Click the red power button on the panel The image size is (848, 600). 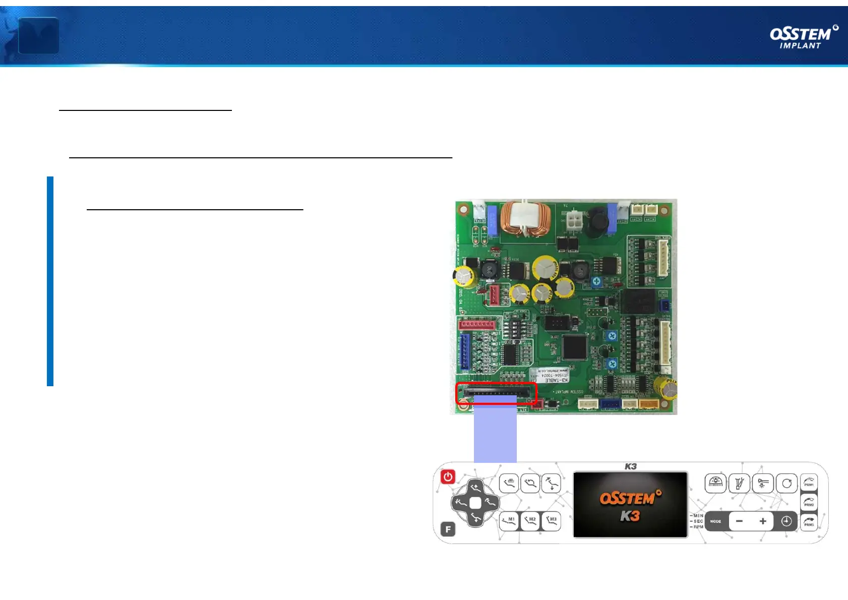pos(448,477)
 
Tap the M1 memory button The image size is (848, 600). pos(509,521)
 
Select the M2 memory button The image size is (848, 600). pos(530,521)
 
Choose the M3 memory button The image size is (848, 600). pos(551,521)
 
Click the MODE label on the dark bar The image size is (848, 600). pos(715,521)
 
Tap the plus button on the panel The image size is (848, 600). pos(763,521)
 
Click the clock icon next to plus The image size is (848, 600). pos(786,521)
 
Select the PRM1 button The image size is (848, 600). pos(809,483)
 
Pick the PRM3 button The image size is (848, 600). pos(809,522)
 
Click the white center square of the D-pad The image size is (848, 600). pos(475,503)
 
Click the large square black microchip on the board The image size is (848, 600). pos(575,346)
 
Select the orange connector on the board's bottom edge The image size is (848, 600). pos(649,403)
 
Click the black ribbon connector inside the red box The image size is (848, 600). pos(497,391)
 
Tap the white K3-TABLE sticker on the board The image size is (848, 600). pos(549,375)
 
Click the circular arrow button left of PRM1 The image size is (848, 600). pos(786,484)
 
